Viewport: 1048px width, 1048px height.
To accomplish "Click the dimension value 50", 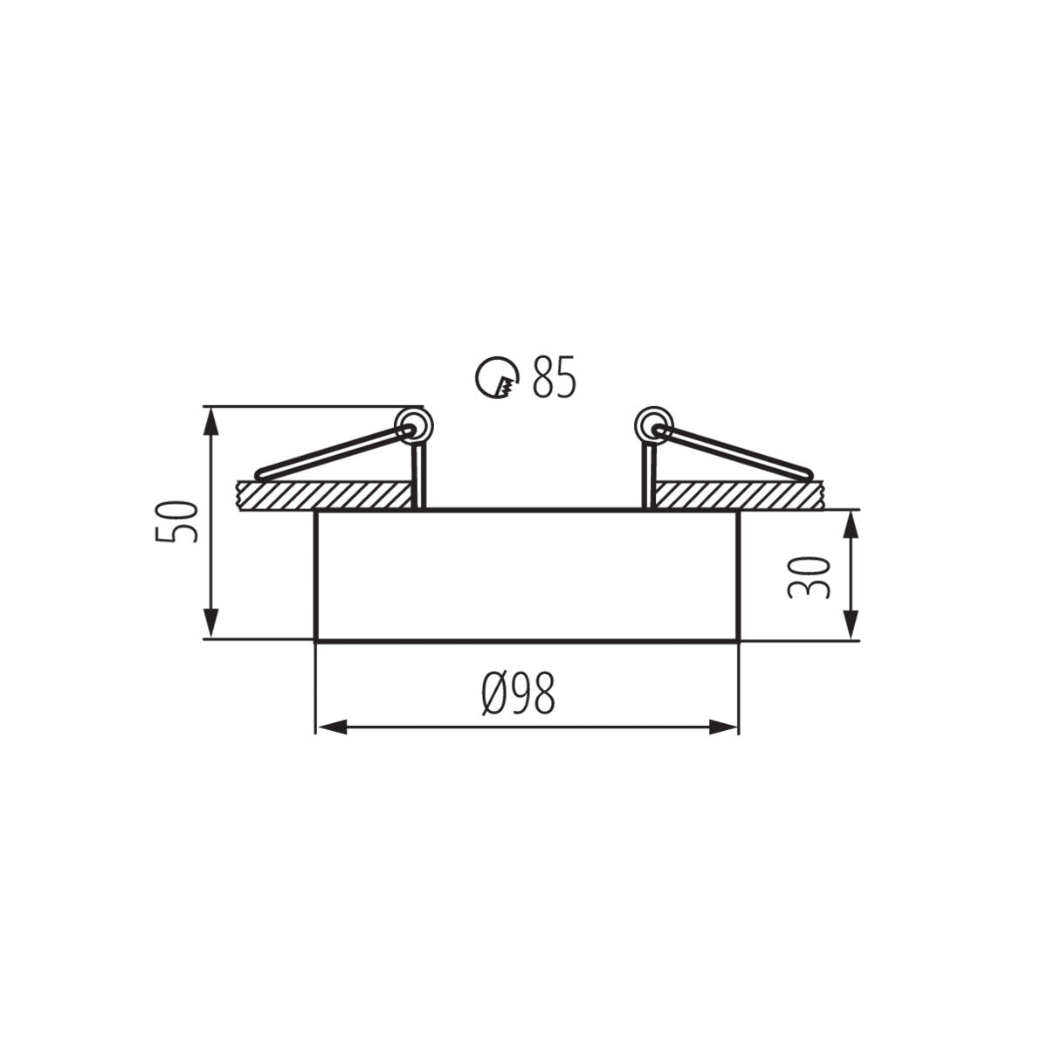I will (173, 521).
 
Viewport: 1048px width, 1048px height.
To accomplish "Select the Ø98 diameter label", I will (518, 695).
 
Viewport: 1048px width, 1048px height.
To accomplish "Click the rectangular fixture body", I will (527, 576).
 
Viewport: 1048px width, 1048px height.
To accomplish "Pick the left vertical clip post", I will (418, 476).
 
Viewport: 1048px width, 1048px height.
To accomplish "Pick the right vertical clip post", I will (649, 476).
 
